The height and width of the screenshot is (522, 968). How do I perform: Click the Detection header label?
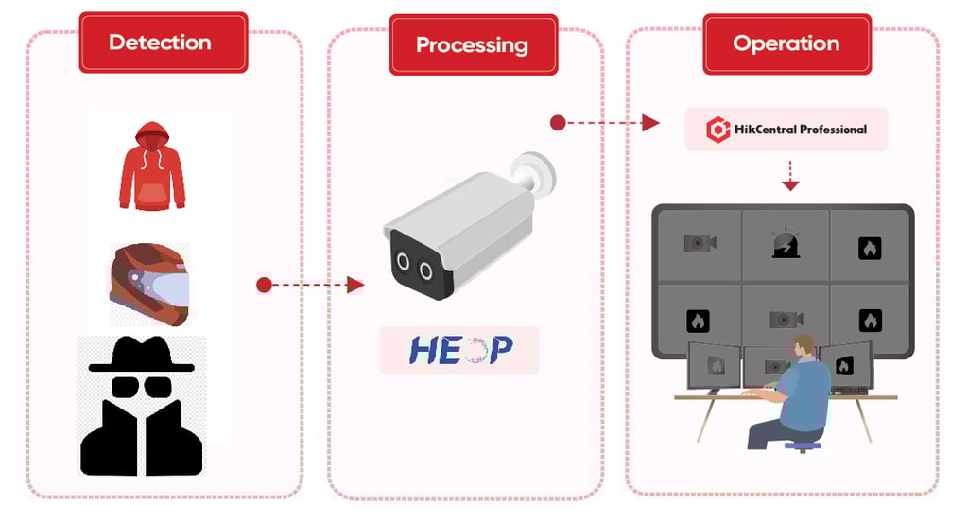[x=160, y=43]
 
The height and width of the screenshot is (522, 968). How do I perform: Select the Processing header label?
[x=472, y=44]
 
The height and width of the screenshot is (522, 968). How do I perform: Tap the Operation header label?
[x=786, y=43]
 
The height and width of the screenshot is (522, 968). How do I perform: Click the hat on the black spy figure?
[x=141, y=356]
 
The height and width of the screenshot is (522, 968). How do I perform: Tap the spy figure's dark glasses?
[x=142, y=387]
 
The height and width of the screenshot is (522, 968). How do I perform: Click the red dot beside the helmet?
[x=265, y=285]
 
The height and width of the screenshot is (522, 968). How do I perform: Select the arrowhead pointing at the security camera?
[x=355, y=285]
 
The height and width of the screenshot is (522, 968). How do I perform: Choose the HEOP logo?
[x=459, y=350]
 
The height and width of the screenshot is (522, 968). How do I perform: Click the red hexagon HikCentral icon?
[x=718, y=130]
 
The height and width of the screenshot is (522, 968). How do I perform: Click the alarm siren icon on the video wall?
[x=786, y=245]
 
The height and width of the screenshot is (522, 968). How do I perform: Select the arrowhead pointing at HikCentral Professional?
[x=650, y=123]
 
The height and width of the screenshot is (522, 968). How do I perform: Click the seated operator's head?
[x=804, y=346]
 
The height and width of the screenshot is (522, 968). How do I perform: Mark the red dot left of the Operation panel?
[x=558, y=123]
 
